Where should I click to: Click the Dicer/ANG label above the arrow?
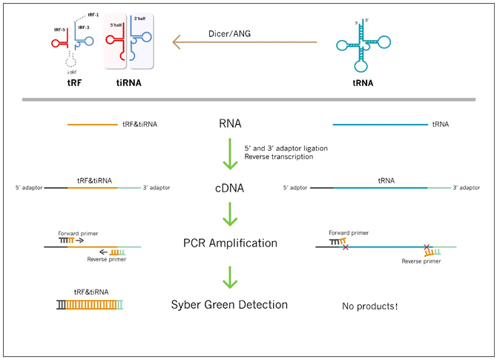pyautogui.click(x=229, y=33)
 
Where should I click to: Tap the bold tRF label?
pyautogui.click(x=74, y=83)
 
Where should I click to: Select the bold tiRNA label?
pyautogui.click(x=128, y=83)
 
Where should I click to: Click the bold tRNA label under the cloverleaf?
pyautogui.click(x=363, y=83)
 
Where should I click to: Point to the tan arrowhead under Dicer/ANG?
pyautogui.click(x=177, y=42)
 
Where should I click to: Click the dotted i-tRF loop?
pyautogui.click(x=71, y=61)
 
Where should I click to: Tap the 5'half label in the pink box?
pyautogui.click(x=116, y=25)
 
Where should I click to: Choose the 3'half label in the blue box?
pyautogui.click(x=139, y=19)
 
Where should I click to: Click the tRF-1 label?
pyautogui.click(x=93, y=15)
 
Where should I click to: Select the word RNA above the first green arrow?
pyautogui.click(x=230, y=123)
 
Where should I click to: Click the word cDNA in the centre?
pyautogui.click(x=229, y=188)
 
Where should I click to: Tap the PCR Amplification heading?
pyautogui.click(x=230, y=243)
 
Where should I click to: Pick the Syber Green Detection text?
pyautogui.click(x=229, y=304)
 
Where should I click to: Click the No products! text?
pyautogui.click(x=370, y=306)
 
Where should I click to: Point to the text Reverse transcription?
pyautogui.click(x=279, y=157)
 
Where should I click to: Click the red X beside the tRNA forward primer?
pyautogui.click(x=346, y=247)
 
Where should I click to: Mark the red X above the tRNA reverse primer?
pyautogui.click(x=427, y=246)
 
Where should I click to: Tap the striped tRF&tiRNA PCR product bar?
pyautogui.click(x=90, y=305)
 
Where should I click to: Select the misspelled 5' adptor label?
pyautogui.click(x=295, y=188)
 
